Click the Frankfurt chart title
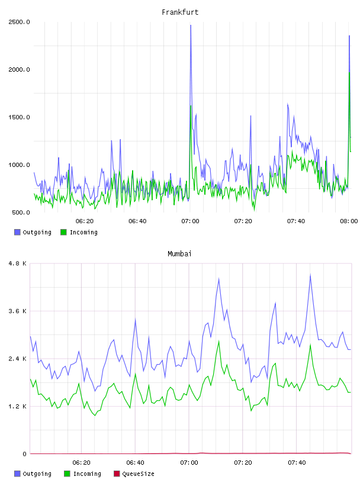180,12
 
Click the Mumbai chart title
179,254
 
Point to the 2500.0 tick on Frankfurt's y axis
19,22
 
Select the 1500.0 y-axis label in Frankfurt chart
19,117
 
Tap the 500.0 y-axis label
21,212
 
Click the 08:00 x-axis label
349,221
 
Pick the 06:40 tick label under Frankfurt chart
137,221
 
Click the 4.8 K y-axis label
18,263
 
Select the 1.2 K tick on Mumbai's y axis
18,406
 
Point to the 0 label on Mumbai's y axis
25,454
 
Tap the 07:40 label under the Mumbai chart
297,462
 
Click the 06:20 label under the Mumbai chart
81,462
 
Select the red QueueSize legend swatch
117,474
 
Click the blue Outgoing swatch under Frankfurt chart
17,232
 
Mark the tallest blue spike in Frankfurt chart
191,25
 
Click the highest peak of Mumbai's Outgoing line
310,275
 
